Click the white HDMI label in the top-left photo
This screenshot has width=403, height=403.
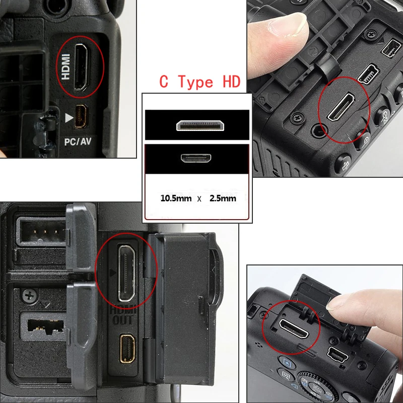click(65, 66)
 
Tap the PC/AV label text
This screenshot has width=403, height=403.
click(78, 142)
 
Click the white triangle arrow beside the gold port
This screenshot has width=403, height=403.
click(69, 118)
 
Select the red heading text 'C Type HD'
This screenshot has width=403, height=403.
click(199, 82)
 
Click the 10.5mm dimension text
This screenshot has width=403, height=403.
click(176, 198)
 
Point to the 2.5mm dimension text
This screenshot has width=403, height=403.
click(223, 198)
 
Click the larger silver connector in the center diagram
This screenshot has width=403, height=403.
click(200, 125)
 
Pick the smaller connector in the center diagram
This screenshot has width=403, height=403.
click(196, 158)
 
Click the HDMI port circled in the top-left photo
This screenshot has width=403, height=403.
click(81, 68)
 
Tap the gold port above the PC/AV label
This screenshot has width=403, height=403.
click(81, 116)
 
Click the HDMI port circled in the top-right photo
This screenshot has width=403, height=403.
click(341, 107)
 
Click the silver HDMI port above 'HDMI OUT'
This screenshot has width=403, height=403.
click(126, 273)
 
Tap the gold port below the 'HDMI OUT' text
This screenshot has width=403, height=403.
click(127, 349)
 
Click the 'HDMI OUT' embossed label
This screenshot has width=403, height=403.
click(123, 314)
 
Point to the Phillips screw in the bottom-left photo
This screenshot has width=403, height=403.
click(29, 296)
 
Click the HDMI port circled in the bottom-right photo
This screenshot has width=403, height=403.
click(294, 329)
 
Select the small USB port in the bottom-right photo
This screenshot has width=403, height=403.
click(338, 355)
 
